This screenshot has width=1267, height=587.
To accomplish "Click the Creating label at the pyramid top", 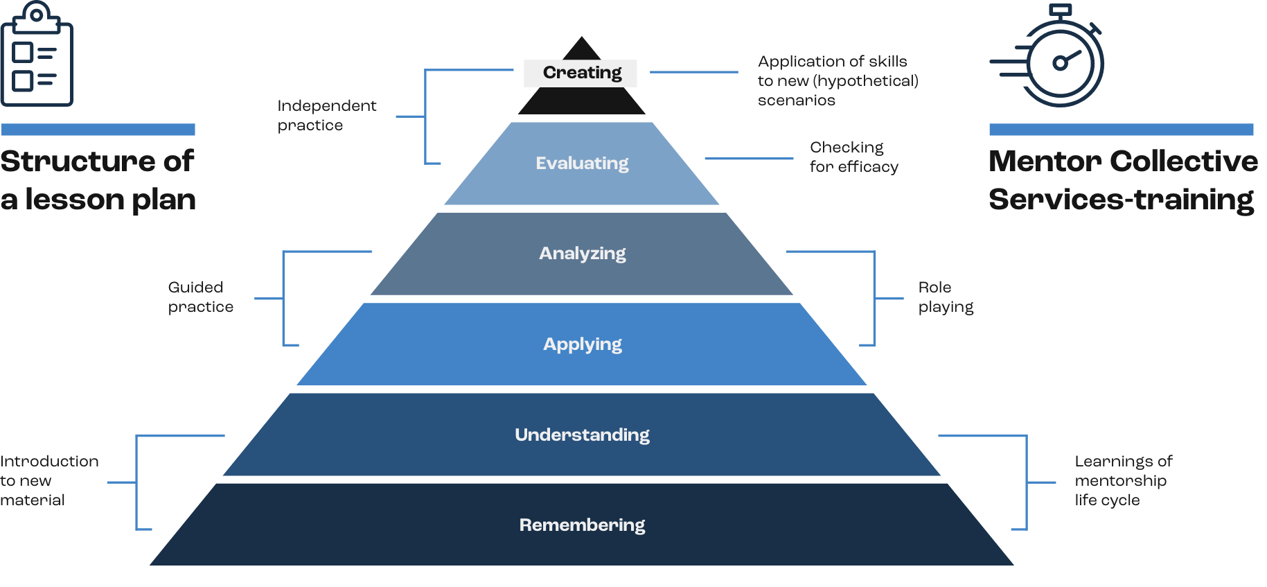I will [x=581, y=73].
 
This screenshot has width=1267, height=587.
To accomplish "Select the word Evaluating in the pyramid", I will [x=582, y=164].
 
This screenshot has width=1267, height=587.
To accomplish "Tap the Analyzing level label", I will [x=582, y=254].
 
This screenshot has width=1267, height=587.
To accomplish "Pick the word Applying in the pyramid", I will [x=582, y=344].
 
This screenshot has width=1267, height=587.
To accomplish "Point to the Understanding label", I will [x=582, y=435].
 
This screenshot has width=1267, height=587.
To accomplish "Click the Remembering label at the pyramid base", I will [x=582, y=525].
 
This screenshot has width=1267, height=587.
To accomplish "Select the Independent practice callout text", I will [x=326, y=116].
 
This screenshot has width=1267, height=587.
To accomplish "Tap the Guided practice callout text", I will [x=201, y=297].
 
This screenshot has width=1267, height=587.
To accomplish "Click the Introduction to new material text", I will [x=48, y=480].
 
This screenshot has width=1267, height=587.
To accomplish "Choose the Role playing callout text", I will [x=945, y=297].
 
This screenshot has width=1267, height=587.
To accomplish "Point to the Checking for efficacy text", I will [x=853, y=157].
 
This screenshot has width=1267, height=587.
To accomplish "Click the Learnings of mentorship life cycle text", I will [x=1122, y=480].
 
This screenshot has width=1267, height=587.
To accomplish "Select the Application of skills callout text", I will [x=837, y=81].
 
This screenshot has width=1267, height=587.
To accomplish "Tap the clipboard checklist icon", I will [x=37, y=55].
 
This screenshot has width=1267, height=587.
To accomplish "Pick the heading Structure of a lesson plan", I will [x=98, y=180].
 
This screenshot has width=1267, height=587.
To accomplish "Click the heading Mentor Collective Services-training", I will [x=1122, y=180].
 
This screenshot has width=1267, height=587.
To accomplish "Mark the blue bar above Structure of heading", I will [x=98, y=130].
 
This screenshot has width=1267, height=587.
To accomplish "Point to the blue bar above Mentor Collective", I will [x=1121, y=130].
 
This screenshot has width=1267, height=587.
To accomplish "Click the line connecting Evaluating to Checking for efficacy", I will [x=749, y=159].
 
